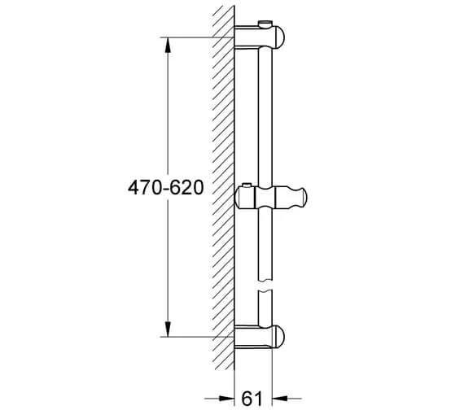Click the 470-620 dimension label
pos(166,188)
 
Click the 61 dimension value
pos(252,399)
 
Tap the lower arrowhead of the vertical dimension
pos(168,329)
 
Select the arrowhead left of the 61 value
pos(226,399)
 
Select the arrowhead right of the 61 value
pos(280,399)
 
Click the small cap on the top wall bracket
pos(265,24)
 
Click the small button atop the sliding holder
pos(247,185)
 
